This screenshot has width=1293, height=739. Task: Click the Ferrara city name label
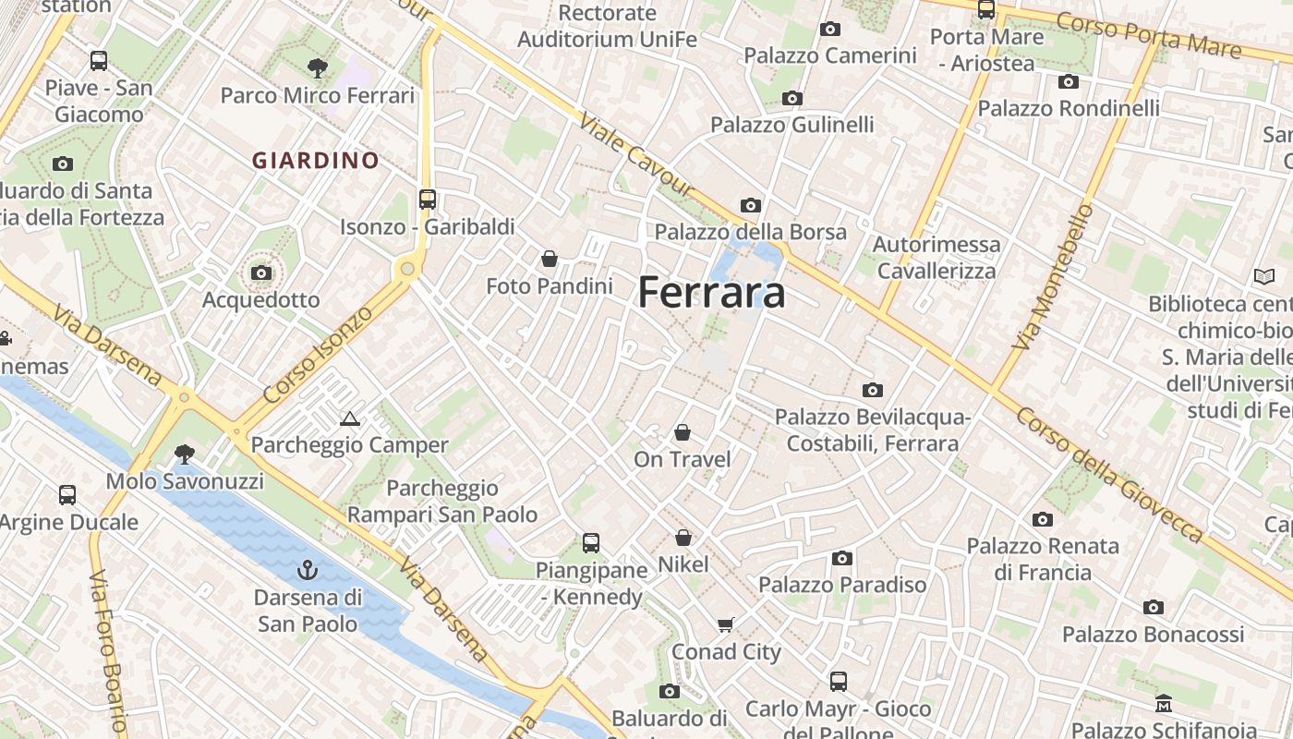tap(711, 293)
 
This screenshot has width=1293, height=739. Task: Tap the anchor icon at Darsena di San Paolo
tap(308, 569)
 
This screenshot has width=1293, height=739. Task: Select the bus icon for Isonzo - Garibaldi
tap(427, 199)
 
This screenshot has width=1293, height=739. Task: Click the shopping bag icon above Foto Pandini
tap(550, 258)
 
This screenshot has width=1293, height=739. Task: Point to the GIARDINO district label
tap(316, 161)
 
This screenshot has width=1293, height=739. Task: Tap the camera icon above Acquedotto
tap(261, 273)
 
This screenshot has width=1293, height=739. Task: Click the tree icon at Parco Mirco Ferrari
tap(317, 67)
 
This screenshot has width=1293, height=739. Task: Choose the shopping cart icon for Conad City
tap(726, 624)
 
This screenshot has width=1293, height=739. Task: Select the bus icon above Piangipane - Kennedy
tap(590, 543)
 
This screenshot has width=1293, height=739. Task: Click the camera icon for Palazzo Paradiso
tap(841, 558)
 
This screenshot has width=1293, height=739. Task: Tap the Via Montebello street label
tap(1052, 277)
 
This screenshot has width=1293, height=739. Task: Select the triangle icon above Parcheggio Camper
tap(349, 418)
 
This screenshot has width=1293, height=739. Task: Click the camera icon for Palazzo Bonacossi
tap(1153, 607)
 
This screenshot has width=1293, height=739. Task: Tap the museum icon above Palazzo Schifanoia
tap(1164, 704)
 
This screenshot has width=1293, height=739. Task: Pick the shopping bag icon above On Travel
tap(682, 432)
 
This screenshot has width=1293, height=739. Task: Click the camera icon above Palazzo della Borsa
tap(750, 205)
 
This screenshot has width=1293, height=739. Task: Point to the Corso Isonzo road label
tap(318, 354)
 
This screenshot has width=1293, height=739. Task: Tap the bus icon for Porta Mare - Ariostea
tap(986, 10)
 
